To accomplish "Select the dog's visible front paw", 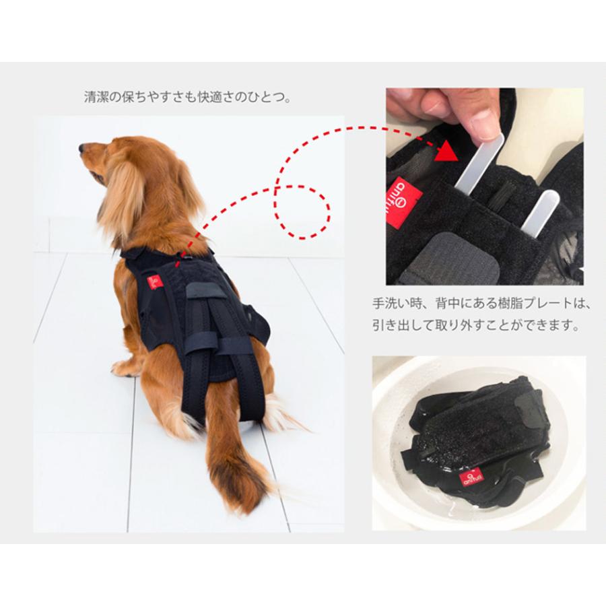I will pos(124,368).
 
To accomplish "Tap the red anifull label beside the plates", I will pos(406,195).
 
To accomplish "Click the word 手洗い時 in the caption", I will pos(397,304).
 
